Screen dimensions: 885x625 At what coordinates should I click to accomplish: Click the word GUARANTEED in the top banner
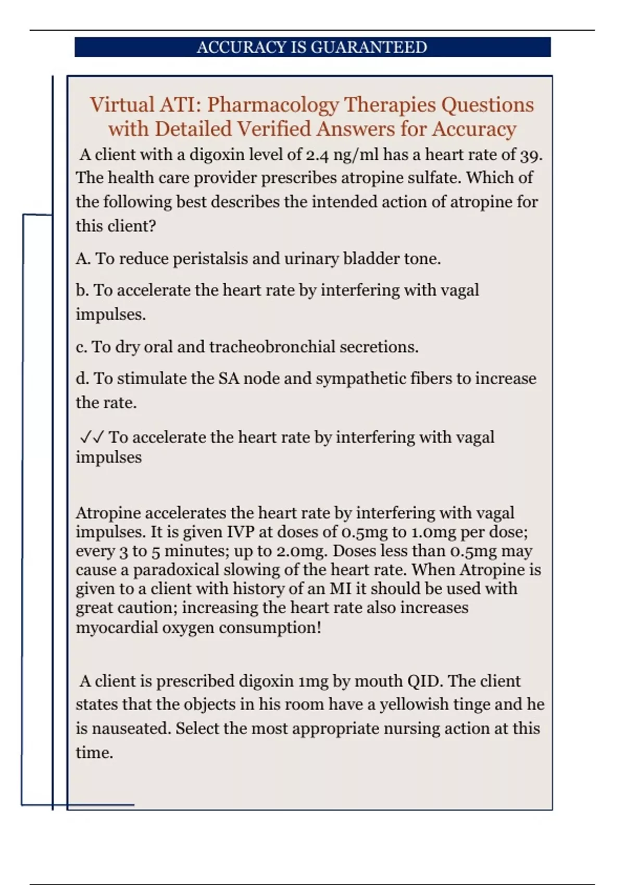coord(369,47)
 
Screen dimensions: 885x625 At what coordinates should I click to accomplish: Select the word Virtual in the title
coord(122,105)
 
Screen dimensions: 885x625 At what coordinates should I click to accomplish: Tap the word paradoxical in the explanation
coord(179,570)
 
